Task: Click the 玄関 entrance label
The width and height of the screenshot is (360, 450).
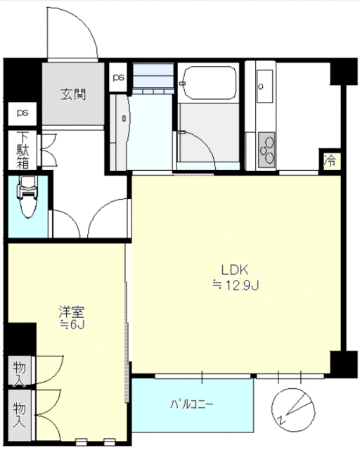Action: (x=73, y=94)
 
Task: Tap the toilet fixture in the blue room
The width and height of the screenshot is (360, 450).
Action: (x=27, y=197)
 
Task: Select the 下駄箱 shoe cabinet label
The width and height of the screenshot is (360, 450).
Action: (x=22, y=150)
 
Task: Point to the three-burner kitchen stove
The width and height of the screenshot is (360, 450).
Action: (x=266, y=150)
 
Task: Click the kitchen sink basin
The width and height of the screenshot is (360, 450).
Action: (x=264, y=86)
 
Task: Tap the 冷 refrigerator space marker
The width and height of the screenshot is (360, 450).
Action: (x=330, y=161)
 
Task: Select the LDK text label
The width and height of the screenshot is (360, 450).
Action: (x=235, y=270)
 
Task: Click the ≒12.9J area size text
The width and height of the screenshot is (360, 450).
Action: (x=236, y=285)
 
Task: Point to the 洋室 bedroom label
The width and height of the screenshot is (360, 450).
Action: (x=71, y=312)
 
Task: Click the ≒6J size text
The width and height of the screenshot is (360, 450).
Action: (x=72, y=325)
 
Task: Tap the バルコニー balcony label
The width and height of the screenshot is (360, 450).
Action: (x=192, y=405)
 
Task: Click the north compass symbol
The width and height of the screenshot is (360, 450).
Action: (x=293, y=410)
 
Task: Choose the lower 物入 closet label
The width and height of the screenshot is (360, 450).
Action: (x=19, y=414)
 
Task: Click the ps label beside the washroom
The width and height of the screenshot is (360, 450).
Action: (x=118, y=77)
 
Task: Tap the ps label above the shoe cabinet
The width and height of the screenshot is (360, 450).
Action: (x=22, y=112)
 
